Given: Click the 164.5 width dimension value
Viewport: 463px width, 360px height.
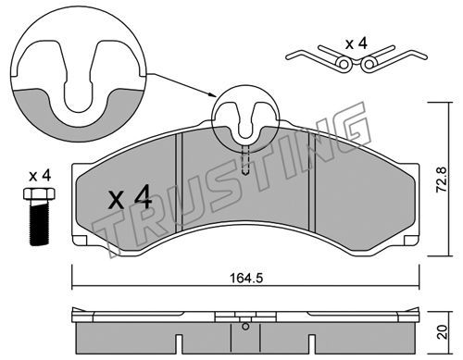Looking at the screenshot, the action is (246, 279).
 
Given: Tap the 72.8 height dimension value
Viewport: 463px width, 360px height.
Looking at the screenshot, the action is (441, 180).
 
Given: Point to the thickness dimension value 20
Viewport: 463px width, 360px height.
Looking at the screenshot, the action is (443, 332).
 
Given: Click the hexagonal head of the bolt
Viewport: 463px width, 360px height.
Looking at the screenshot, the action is (39, 194).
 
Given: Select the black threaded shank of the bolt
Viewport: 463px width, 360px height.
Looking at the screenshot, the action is (40, 223).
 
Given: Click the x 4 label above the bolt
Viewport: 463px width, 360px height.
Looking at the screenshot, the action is (40, 177).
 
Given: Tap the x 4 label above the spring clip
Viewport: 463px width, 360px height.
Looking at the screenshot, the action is (357, 44).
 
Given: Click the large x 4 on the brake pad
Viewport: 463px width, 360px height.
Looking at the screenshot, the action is (130, 197).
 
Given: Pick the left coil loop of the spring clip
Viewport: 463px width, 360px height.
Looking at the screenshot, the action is (344, 64).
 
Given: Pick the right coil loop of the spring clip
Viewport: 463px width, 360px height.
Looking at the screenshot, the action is (368, 64).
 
